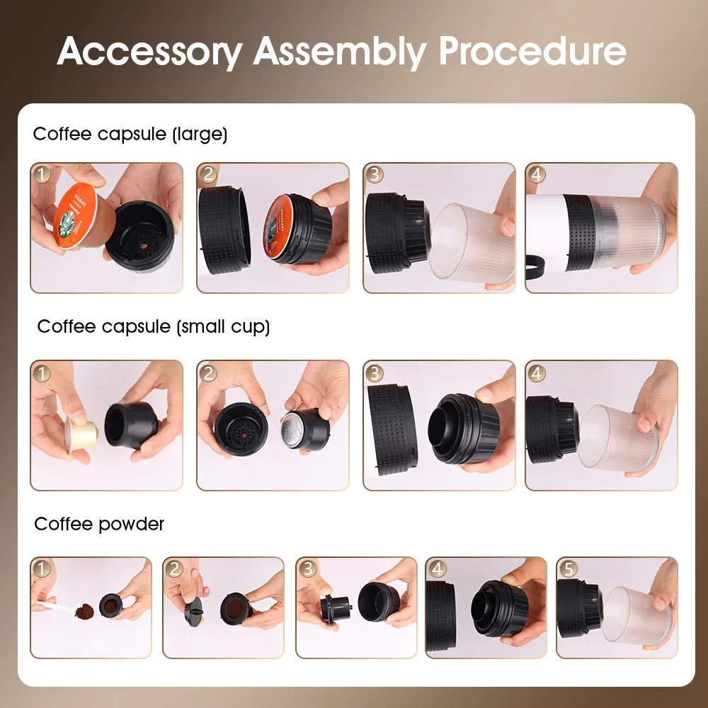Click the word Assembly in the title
coord(340,51)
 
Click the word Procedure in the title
coord(532,51)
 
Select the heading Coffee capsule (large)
coord(130,134)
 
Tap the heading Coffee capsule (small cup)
coord(154,326)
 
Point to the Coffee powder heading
coord(99,524)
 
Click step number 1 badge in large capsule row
coord(43,175)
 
